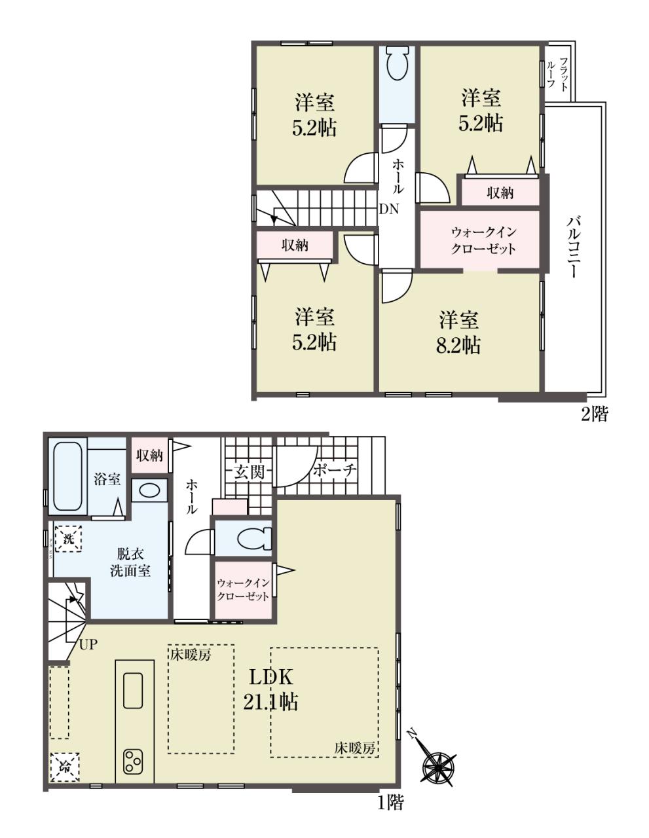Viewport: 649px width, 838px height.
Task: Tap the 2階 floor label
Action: tap(594, 414)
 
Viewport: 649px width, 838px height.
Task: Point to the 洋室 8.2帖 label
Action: tap(458, 333)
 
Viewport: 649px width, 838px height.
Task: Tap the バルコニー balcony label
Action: tap(572, 247)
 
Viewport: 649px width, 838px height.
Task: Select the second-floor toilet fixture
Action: tap(397, 62)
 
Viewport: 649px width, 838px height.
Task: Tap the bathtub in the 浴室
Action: tap(67, 476)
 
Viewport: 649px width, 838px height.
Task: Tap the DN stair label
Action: tap(389, 209)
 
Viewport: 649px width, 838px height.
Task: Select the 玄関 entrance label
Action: tap(250, 472)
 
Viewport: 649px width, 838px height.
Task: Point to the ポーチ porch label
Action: tap(335, 470)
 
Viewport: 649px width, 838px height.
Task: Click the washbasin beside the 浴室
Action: tap(149, 490)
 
